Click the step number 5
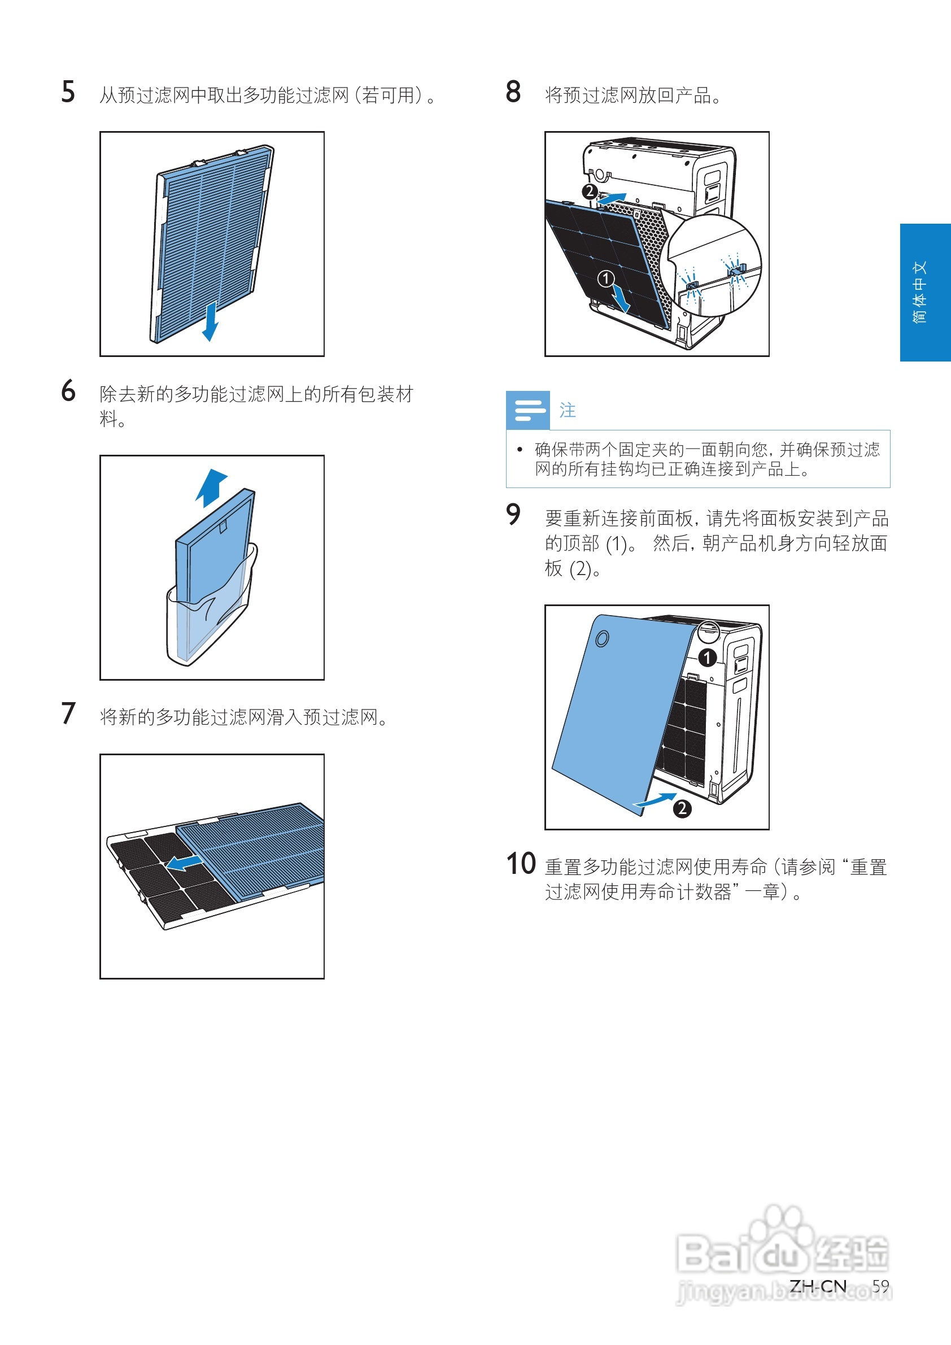click(68, 92)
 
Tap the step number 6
click(68, 391)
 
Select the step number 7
click(68, 713)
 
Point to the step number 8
click(513, 92)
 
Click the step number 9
click(513, 515)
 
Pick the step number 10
click(521, 864)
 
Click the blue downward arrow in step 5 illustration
click(210, 321)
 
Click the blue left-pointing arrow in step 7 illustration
click(184, 861)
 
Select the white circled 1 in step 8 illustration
click(605, 278)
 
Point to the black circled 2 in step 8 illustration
click(590, 191)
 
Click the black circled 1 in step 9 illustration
click(708, 658)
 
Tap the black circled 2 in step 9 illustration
click(682, 809)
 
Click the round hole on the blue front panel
click(601, 638)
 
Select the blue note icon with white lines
click(527, 410)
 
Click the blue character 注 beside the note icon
click(567, 410)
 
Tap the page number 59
click(880, 1286)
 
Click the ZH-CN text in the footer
click(818, 1286)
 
